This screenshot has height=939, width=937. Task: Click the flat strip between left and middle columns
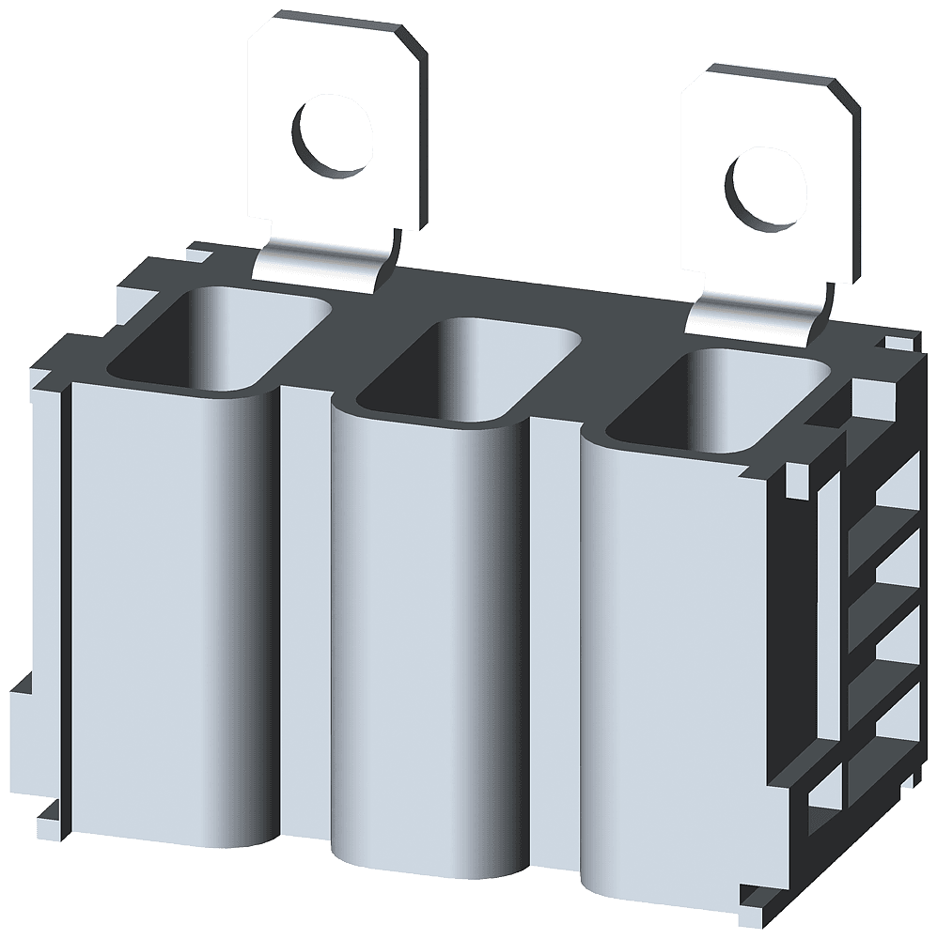click(x=305, y=610)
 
